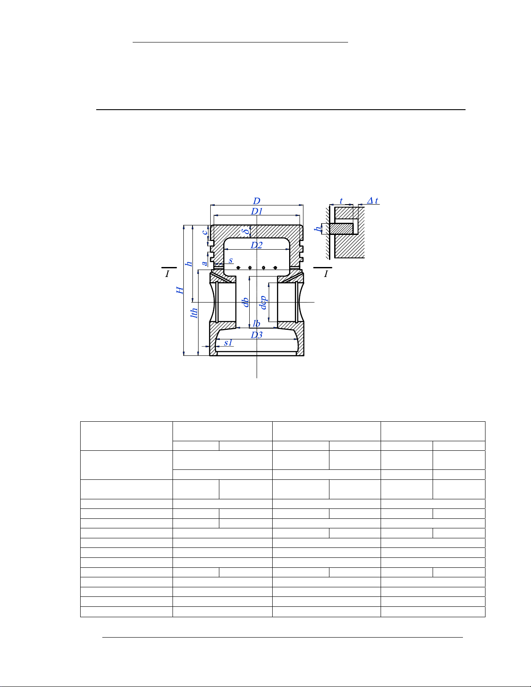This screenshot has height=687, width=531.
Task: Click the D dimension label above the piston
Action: coord(257,201)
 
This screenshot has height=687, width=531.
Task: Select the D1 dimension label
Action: coord(257,212)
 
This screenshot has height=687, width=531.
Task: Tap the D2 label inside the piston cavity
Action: coord(256,245)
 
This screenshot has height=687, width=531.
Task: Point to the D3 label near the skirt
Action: coord(256,335)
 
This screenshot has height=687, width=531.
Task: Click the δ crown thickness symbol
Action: coord(244,231)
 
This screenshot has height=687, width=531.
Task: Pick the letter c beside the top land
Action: coord(205,232)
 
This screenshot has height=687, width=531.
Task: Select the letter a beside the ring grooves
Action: coord(205,263)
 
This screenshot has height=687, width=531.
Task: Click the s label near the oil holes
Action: coord(231,260)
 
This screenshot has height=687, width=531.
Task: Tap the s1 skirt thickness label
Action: coord(228,343)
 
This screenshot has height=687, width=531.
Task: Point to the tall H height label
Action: coord(180,290)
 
